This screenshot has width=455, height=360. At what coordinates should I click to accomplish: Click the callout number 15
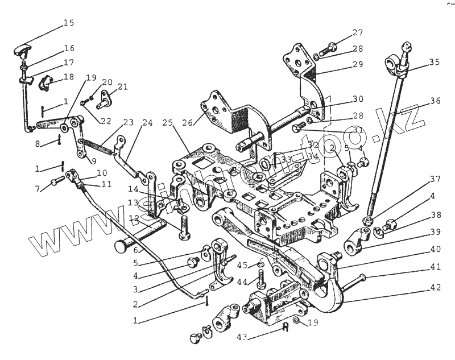68,23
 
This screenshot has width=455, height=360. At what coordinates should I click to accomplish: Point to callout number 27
357,32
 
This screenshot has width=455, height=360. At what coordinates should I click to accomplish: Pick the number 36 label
435,101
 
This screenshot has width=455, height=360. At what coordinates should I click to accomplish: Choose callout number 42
435,287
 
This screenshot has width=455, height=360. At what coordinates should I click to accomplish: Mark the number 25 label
167,122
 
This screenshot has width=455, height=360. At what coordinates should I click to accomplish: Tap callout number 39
435,231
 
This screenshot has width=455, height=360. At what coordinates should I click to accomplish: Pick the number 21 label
123,86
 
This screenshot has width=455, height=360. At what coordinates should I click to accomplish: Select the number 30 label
357,98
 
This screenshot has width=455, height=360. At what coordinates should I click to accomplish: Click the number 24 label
147,122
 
